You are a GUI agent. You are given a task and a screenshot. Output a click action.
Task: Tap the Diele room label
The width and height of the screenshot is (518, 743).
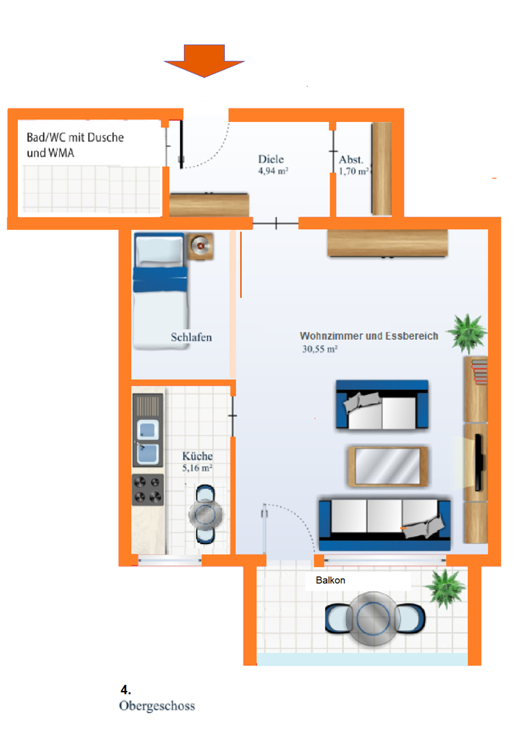(x=271, y=160)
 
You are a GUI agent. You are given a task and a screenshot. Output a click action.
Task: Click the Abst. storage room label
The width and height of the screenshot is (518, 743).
(x=351, y=160)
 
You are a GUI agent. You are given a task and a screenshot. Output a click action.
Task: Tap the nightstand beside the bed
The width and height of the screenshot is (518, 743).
(x=201, y=246)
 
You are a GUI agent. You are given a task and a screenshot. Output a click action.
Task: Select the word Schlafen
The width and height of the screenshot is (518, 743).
(x=191, y=337)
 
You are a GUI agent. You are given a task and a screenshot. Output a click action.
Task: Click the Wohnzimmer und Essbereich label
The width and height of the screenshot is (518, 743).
(x=369, y=336)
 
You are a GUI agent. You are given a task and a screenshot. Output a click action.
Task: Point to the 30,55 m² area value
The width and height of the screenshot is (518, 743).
(x=320, y=350)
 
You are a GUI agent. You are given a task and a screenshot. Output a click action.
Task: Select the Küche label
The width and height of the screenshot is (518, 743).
(x=198, y=457)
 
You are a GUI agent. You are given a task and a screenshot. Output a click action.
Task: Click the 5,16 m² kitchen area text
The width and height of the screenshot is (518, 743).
(x=198, y=469)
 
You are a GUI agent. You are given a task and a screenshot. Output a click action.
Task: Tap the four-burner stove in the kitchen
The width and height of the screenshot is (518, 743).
(x=148, y=489)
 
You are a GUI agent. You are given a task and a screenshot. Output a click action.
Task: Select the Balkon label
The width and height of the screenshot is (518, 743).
(x=330, y=581)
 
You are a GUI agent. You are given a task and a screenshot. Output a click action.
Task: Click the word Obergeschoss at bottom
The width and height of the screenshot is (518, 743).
(x=157, y=706)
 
